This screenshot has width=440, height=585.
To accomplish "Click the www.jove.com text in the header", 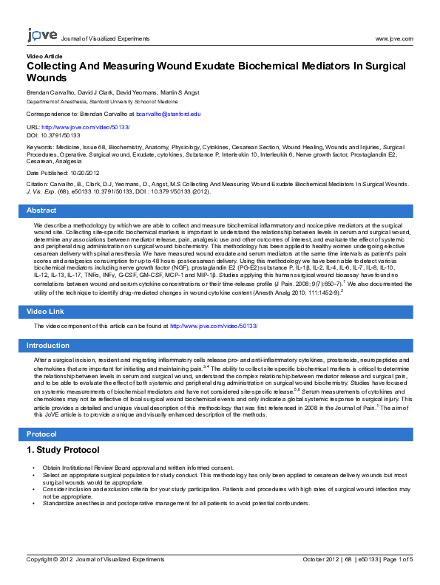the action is click(x=394, y=38).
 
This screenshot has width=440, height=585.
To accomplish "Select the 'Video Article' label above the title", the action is click(x=44, y=56).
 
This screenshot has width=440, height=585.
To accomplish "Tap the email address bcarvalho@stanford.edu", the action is click(x=169, y=114).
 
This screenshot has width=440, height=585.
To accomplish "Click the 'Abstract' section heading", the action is click(x=41, y=211).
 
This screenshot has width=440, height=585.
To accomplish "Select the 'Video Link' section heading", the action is click(x=45, y=312).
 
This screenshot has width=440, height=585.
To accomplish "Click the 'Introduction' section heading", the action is click(x=48, y=346).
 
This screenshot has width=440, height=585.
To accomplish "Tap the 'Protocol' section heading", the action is click(x=41, y=434).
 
